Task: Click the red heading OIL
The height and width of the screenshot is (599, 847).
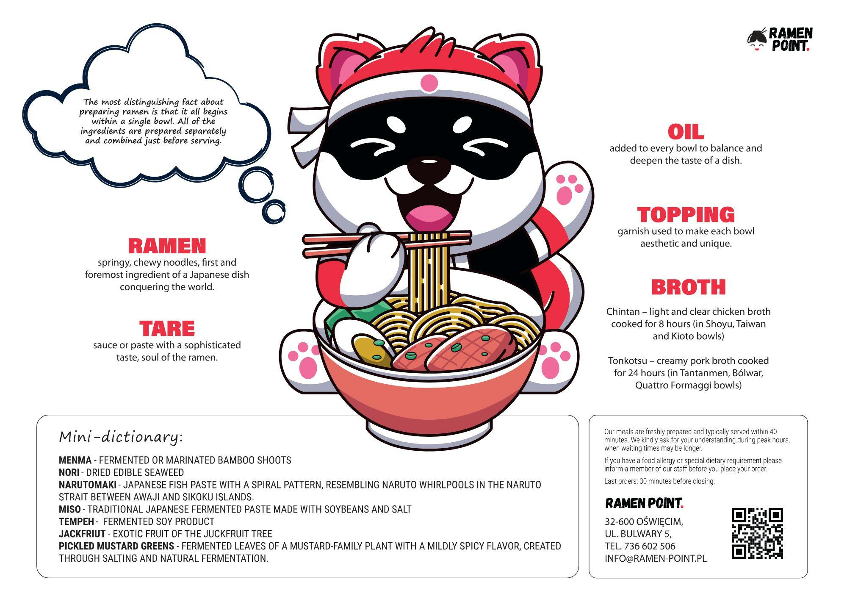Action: click(686, 132)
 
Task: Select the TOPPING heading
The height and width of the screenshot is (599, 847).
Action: click(686, 214)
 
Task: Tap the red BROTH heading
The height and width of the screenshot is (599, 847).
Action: click(689, 287)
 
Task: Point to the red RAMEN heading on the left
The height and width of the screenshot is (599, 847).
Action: click(167, 246)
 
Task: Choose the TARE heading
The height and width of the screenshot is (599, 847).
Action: click(167, 328)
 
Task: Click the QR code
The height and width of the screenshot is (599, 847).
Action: click(757, 533)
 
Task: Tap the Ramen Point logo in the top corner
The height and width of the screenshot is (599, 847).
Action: click(780, 39)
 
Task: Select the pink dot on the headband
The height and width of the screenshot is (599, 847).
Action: click(429, 83)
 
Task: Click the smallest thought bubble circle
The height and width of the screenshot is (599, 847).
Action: click(274, 211)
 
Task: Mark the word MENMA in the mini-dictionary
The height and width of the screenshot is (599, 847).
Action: click(75, 460)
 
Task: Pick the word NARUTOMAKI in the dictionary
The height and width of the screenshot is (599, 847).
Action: click(88, 485)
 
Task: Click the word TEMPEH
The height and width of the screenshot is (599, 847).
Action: click(76, 521)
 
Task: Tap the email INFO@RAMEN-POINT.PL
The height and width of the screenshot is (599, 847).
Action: click(656, 558)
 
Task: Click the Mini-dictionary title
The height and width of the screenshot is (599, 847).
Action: click(121, 437)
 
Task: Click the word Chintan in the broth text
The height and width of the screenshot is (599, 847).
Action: click(623, 311)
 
